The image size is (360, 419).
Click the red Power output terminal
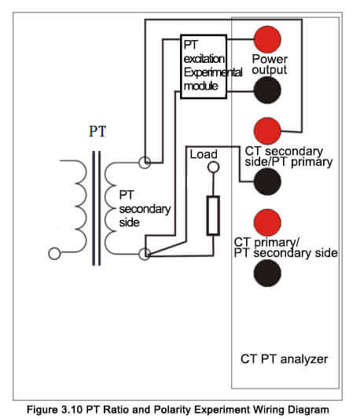click(x=267, y=39)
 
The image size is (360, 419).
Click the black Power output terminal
click(x=267, y=90)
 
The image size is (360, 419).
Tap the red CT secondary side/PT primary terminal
click(x=267, y=131)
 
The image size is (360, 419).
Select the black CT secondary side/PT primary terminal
click(x=267, y=182)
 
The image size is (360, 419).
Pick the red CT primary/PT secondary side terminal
click(x=267, y=222)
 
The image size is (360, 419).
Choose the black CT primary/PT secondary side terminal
click(x=267, y=273)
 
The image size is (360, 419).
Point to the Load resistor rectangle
click(x=213, y=215)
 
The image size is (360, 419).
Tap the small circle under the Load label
click(x=213, y=167)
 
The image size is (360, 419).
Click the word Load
click(x=204, y=154)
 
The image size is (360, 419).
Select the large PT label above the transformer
click(x=97, y=131)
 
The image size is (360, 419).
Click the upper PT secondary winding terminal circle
click(x=145, y=162)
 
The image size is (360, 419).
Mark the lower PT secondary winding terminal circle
click(x=145, y=254)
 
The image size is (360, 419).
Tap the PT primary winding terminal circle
click(x=54, y=254)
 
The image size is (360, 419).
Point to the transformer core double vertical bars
click(x=97, y=208)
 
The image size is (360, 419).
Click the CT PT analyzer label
click(x=284, y=359)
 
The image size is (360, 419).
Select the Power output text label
click(x=270, y=64)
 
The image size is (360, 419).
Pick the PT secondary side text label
click(x=145, y=208)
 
